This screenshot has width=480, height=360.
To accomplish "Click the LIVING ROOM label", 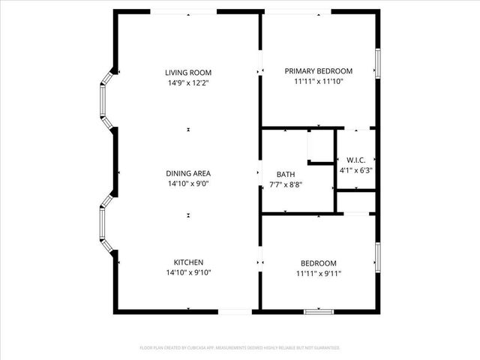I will coord(187,73).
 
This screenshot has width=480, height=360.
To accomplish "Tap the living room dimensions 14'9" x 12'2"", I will coord(187,82).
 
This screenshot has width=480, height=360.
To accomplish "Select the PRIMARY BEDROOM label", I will coord(318,71).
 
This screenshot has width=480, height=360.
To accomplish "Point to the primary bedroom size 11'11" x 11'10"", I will coord(318,81).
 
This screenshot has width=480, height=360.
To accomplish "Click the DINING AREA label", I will coord(187,173).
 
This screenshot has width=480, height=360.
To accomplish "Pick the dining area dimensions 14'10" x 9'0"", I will coord(187,183).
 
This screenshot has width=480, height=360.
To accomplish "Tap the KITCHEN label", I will coord(188,262).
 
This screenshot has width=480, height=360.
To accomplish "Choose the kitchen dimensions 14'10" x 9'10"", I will coord(188,272).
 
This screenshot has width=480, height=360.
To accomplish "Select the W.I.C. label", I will coord(355,160).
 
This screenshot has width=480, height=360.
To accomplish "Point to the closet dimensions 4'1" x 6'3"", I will coord(355,170).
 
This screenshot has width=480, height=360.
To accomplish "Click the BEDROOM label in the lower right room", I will coord(318,263).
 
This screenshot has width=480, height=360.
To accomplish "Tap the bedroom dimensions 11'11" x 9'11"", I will coord(318,273).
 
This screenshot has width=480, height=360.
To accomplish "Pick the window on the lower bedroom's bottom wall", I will coord(318,310).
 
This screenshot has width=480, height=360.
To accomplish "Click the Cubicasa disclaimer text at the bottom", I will coord(240,348).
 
